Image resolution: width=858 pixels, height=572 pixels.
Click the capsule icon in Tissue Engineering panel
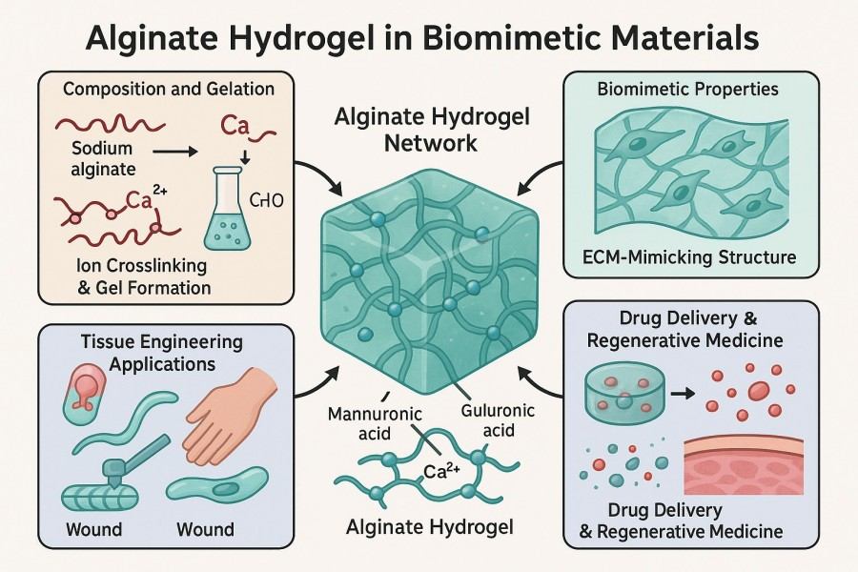tap(81, 399)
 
